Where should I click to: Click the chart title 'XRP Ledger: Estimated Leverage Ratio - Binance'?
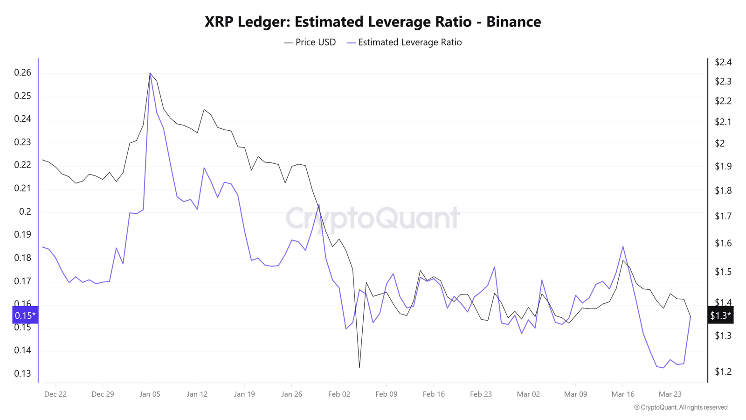pos(373,22)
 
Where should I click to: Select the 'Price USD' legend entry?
pos(310,42)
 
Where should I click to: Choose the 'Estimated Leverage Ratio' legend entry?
pos(404,42)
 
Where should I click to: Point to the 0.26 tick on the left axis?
pos(23,72)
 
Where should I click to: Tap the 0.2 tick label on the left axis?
pos(25,211)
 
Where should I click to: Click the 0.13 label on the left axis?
pos(23,373)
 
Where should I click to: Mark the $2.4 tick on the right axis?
pos(723,62)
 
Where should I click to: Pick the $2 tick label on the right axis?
pos(720,143)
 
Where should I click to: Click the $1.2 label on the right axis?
pos(723,371)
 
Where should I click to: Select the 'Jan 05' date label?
pos(150,394)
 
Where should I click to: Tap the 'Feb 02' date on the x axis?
pos(339,394)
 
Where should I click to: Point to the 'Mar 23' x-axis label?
pos(670,394)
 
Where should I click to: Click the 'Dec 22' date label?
pos(55,394)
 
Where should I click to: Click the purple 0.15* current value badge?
pos(25,315)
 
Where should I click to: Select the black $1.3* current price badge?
pos(720,315)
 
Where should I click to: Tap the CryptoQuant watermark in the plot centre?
pos(373,218)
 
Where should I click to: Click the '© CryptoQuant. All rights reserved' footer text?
pos(681,407)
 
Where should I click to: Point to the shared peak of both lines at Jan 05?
pos(150,73)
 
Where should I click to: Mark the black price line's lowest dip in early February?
pos(359,368)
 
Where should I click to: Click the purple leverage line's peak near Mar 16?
pos(623,246)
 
